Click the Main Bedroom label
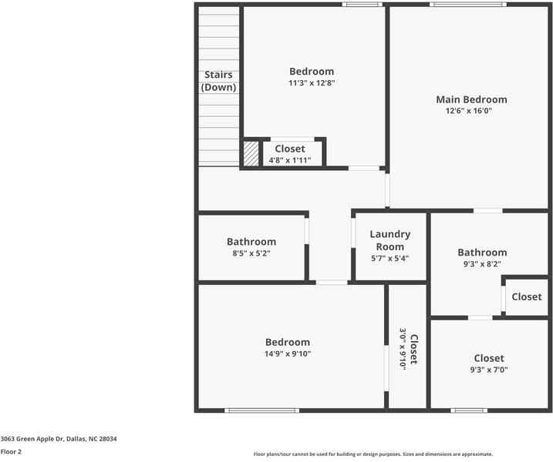coord(471,99)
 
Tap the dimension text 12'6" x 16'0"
coord(468,111)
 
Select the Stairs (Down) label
coord(218,81)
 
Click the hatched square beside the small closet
coord(251,153)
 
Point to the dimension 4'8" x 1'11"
coord(289,160)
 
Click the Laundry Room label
coord(389,240)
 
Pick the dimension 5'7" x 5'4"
coord(389,259)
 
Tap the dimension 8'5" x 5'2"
coord(251,253)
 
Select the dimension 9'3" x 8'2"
coord(482,264)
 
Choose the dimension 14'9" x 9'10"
coord(288,354)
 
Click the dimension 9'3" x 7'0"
coord(489,370)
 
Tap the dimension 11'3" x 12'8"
coord(312,83)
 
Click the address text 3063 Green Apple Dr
coord(59,438)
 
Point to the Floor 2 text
coord(11,452)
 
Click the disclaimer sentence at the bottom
coord(373,454)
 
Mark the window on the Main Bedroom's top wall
coord(468,5)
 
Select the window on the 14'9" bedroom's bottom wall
coord(261,410)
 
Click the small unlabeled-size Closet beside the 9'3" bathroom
coord(526,296)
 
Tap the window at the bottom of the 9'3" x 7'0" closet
coord(469,410)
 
